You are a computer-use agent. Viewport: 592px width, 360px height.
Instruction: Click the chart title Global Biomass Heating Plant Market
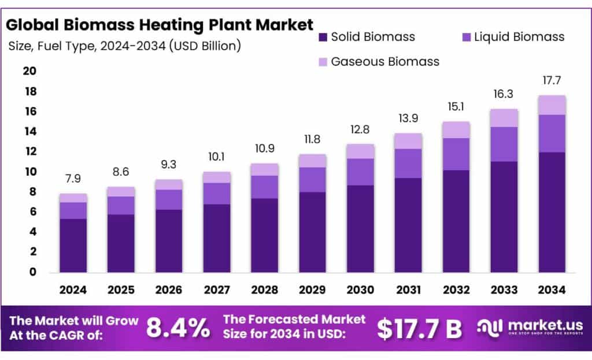tap(161, 25)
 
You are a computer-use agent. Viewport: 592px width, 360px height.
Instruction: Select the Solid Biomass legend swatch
tap(323, 38)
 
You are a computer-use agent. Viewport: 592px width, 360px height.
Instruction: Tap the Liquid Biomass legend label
tap(519, 38)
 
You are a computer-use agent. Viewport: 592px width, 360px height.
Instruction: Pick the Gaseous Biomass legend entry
tap(385, 61)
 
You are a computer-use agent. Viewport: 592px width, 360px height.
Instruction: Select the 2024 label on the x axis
tap(73, 289)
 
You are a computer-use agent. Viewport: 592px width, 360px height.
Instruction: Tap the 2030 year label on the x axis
tap(360, 289)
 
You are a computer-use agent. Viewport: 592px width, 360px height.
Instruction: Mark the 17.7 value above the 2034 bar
tap(552, 80)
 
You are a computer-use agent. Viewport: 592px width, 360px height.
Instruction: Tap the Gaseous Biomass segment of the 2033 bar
tap(504, 118)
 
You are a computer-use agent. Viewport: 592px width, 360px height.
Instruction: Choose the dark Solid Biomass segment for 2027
tap(217, 238)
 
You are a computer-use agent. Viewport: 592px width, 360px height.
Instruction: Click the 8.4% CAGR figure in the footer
tap(178, 328)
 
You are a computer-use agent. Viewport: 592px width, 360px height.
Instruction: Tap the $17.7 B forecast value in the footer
tap(419, 328)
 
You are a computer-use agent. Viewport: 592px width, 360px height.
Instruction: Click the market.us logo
tap(529, 328)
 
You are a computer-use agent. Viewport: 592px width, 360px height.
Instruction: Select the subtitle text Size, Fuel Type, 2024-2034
tap(124, 46)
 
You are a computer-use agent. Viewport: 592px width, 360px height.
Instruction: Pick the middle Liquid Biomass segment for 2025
tap(121, 205)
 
